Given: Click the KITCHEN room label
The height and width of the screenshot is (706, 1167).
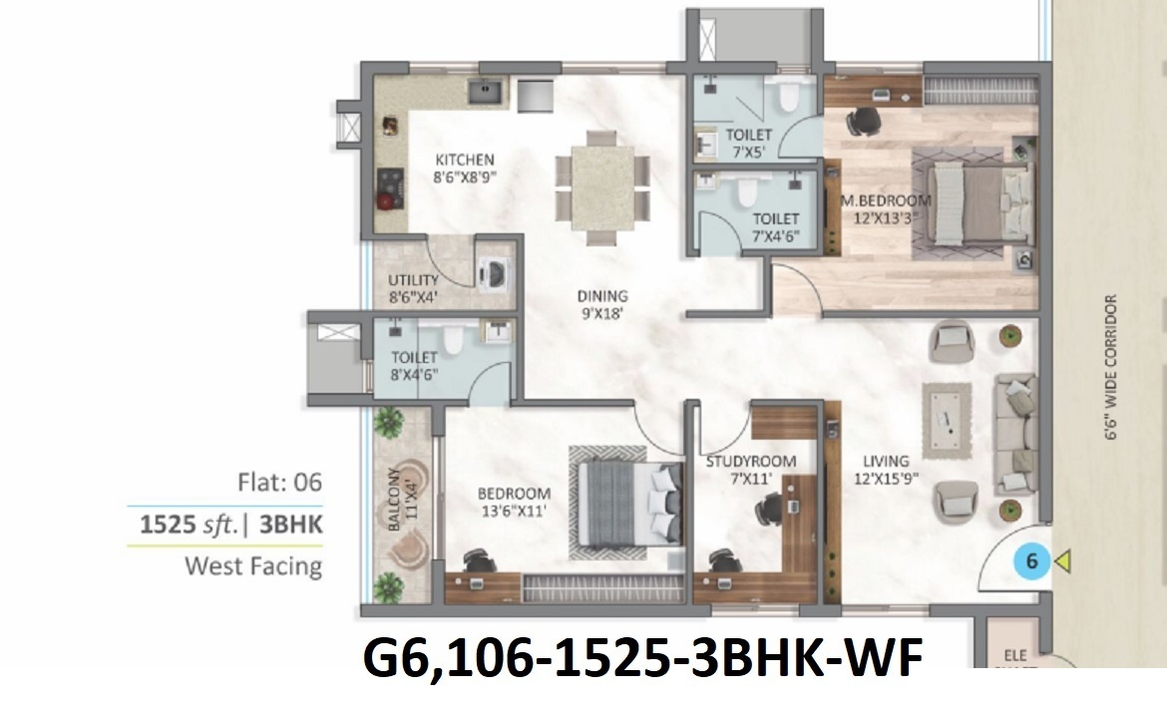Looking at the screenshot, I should [464, 160].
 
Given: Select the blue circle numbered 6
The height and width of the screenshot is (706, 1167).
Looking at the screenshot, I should [1031, 562].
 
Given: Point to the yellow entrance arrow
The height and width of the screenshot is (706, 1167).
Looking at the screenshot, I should [1062, 562].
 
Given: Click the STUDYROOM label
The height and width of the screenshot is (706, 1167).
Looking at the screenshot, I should [750, 462].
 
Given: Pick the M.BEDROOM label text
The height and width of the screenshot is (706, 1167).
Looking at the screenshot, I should [887, 200].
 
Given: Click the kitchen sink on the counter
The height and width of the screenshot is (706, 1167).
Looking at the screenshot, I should [488, 93].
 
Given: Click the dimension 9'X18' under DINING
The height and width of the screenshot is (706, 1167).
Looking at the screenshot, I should [601, 314].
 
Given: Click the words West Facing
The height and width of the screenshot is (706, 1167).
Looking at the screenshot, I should [253, 566].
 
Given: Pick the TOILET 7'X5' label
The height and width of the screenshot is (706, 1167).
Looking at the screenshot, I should [748, 141].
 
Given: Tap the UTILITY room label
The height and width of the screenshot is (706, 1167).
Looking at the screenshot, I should [413, 281].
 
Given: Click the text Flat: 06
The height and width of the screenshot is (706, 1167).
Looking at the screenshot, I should [279, 484].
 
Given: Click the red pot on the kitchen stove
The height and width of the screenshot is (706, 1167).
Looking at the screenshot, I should [384, 200].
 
